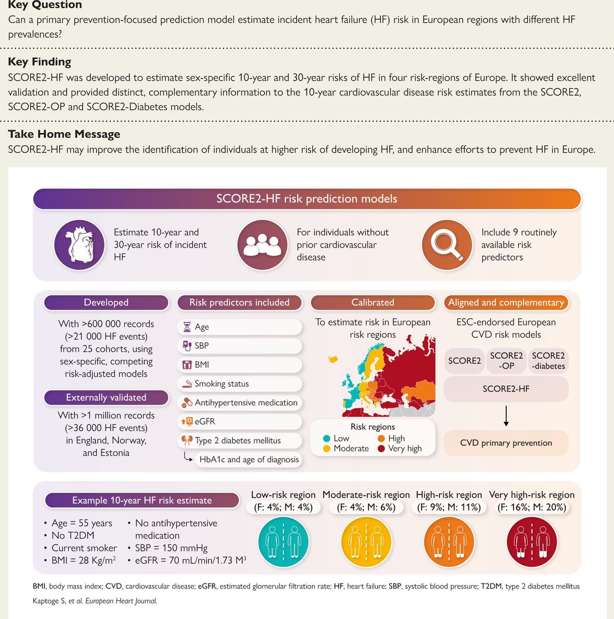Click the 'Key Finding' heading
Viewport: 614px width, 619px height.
[39, 62]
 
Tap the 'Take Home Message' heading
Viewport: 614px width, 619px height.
[64, 134]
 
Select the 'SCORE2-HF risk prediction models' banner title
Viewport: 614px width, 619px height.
[307, 199]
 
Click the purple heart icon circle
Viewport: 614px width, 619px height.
[79, 245]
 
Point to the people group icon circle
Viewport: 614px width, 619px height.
[262, 245]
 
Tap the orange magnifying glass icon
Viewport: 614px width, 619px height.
[447, 245]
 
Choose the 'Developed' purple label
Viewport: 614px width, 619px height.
[106, 303]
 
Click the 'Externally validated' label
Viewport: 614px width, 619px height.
[106, 398]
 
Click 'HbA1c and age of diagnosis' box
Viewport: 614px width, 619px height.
[249, 460]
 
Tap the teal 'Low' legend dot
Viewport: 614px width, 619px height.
[327, 438]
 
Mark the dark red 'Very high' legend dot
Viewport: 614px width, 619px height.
[381, 449]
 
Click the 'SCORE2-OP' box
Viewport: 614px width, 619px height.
[506, 361]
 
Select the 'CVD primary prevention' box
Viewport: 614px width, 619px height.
[506, 443]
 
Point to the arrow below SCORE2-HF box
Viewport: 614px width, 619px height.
[506, 416]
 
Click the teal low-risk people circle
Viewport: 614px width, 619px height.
[283, 542]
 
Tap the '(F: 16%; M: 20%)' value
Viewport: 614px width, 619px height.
[531, 508]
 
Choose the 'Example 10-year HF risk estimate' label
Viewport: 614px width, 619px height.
[142, 500]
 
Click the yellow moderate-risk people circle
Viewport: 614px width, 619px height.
[366, 542]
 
